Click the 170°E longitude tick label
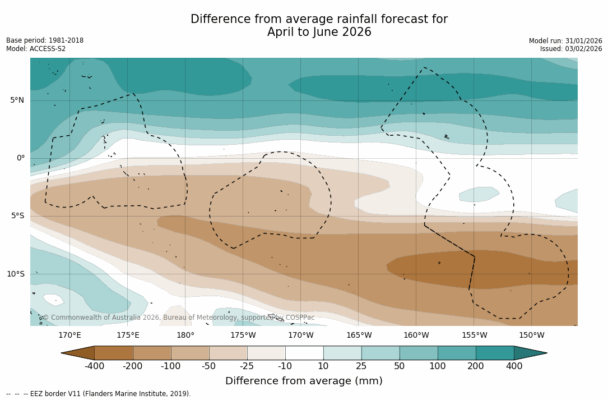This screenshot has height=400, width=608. [x=69, y=335]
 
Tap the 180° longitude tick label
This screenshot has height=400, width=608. [x=185, y=335]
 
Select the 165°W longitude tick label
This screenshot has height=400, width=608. [x=359, y=335]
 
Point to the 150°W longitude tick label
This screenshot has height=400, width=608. [x=532, y=335]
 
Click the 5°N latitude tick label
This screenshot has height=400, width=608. [x=17, y=100]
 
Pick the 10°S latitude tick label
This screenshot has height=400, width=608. [x=15, y=274]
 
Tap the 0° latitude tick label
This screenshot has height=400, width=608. [x=21, y=158]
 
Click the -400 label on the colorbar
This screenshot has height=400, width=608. [x=95, y=366]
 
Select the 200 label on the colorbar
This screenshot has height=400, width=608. [x=476, y=366]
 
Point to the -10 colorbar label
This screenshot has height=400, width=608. [x=285, y=366]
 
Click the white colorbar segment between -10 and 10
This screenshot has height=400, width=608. [x=304, y=353]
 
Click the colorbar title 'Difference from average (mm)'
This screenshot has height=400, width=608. [x=304, y=381]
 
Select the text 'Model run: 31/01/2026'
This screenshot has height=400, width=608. [x=565, y=41]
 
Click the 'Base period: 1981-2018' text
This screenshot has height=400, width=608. [x=45, y=40]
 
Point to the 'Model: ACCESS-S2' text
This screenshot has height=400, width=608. [x=36, y=49]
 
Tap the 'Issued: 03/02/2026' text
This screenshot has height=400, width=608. [x=571, y=49]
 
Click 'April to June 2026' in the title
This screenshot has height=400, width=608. [x=319, y=32]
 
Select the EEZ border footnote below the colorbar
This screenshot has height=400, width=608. [x=99, y=394]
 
